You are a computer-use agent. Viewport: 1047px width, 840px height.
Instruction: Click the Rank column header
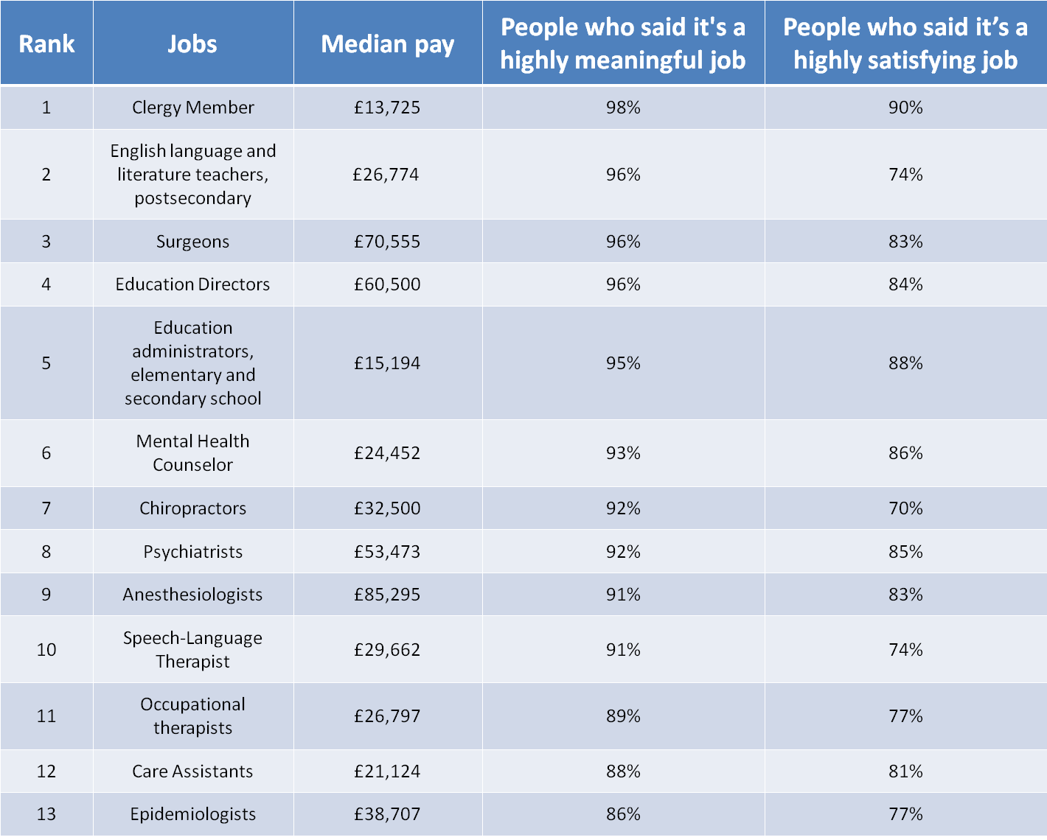pyautogui.click(x=46, y=43)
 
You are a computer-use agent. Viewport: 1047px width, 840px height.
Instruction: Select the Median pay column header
pyautogui.click(x=387, y=43)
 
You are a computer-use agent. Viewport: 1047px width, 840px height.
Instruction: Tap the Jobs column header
pyautogui.click(x=192, y=43)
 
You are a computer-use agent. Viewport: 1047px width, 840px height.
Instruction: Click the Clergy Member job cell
pyautogui.click(x=192, y=108)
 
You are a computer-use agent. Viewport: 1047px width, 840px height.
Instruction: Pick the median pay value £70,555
pyautogui.click(x=387, y=242)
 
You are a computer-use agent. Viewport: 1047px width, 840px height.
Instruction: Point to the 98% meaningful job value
pyautogui.click(x=623, y=108)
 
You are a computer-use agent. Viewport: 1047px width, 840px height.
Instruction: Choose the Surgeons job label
pyautogui.click(x=192, y=242)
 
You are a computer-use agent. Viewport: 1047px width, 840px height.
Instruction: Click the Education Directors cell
pyautogui.click(x=192, y=284)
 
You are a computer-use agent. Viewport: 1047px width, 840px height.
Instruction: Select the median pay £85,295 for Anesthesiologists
pyautogui.click(x=387, y=595)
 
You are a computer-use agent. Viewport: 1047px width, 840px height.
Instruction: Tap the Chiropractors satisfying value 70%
pyautogui.click(x=905, y=508)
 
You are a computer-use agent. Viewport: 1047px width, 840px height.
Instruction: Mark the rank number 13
pyautogui.click(x=46, y=814)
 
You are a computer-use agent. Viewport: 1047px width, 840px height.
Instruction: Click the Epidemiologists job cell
pyautogui.click(x=192, y=814)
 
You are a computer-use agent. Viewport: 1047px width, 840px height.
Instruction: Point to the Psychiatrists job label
pyautogui.click(x=192, y=552)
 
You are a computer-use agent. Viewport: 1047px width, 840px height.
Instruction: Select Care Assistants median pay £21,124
pyautogui.click(x=387, y=771)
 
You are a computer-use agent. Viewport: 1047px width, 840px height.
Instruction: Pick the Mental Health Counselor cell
pyautogui.click(x=192, y=453)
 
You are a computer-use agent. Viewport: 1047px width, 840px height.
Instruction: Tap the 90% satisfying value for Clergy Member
pyautogui.click(x=905, y=108)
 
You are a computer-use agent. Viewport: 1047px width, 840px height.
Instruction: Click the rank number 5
pyautogui.click(x=46, y=363)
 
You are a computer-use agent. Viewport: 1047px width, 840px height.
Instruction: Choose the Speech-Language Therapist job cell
pyautogui.click(x=192, y=650)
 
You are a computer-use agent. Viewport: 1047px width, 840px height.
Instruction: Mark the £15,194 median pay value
pyautogui.click(x=387, y=363)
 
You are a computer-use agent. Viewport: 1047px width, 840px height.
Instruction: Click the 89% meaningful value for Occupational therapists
pyautogui.click(x=623, y=716)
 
